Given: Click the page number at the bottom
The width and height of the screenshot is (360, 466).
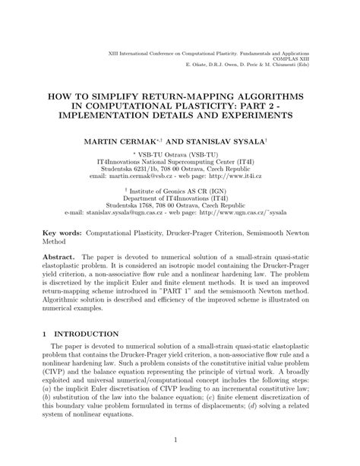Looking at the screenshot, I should pos(180,439).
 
